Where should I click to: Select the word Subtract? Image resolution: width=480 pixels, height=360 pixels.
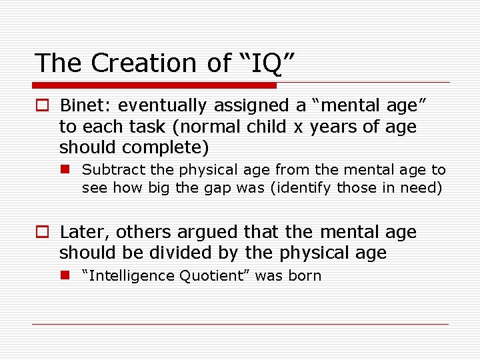109,171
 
